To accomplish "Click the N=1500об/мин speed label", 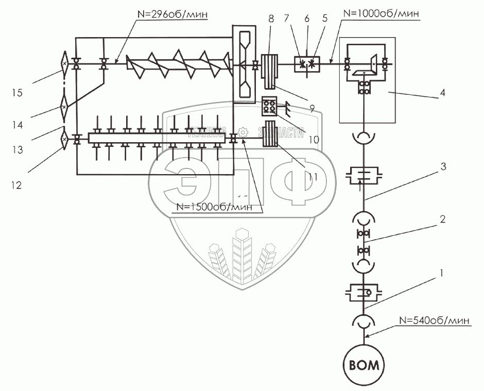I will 214,207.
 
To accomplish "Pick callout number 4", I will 441,94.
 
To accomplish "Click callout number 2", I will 441,218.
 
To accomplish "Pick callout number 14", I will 17,124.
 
